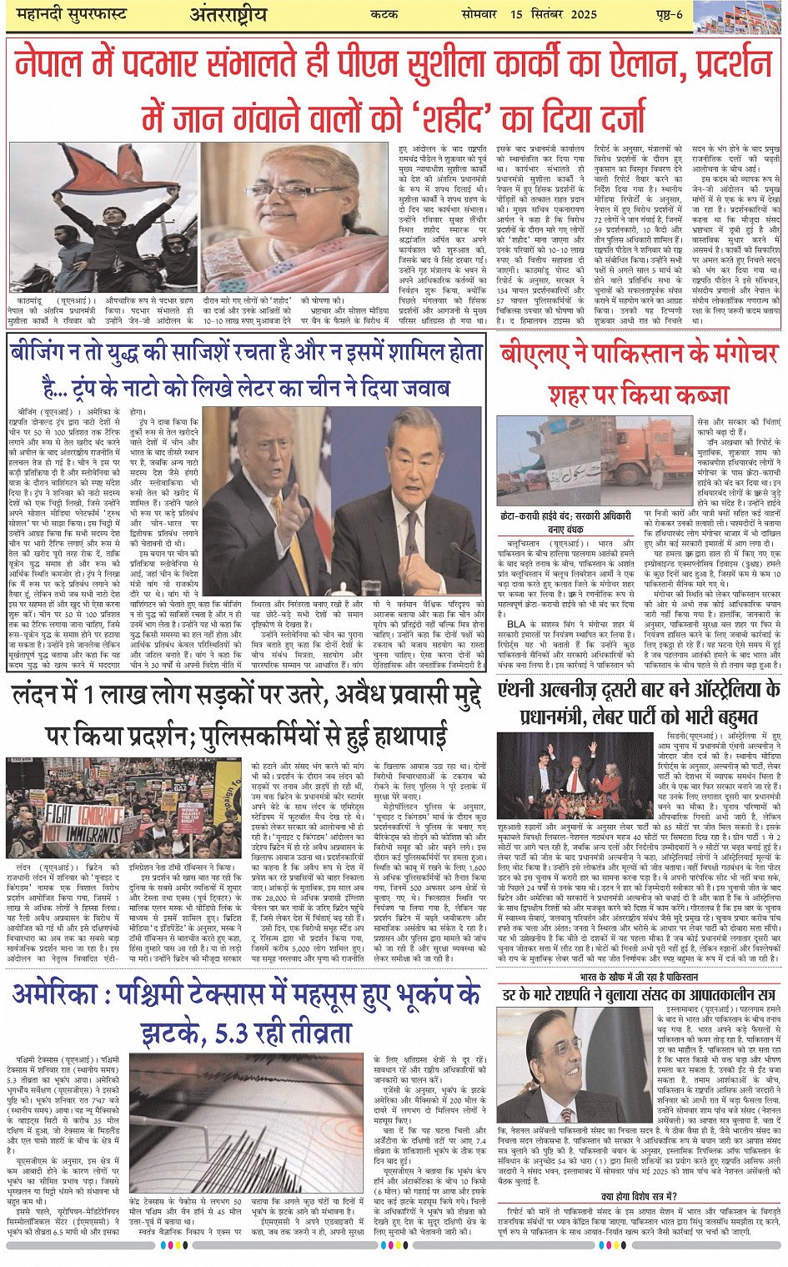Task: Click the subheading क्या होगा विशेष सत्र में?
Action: pyautogui.click(x=639, y=1195)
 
